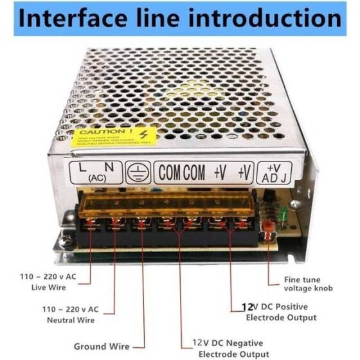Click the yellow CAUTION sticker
(x=113, y=136)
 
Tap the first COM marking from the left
(x=170, y=172)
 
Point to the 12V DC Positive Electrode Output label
(x=280, y=312)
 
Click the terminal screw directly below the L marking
(x=91, y=224)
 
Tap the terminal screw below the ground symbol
(x=139, y=224)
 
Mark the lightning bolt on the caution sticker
(x=150, y=133)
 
